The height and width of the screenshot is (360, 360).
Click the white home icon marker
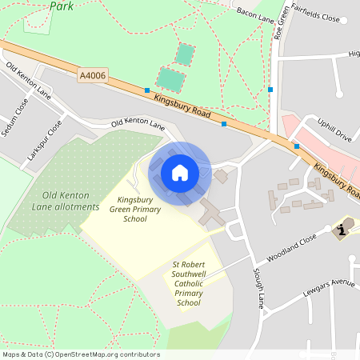180,172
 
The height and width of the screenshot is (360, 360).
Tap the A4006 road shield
92,75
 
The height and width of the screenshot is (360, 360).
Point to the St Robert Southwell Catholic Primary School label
188,283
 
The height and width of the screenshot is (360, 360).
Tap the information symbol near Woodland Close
342,230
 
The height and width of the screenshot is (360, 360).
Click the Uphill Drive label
334,130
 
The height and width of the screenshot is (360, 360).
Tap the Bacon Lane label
255,14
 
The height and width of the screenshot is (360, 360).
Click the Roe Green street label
279,24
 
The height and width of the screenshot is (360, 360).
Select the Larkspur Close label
45,140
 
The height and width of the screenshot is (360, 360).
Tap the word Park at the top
62,6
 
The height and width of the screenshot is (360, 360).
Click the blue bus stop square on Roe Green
270,90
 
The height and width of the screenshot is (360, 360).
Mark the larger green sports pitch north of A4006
170,79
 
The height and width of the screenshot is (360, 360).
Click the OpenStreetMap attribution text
81,354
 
